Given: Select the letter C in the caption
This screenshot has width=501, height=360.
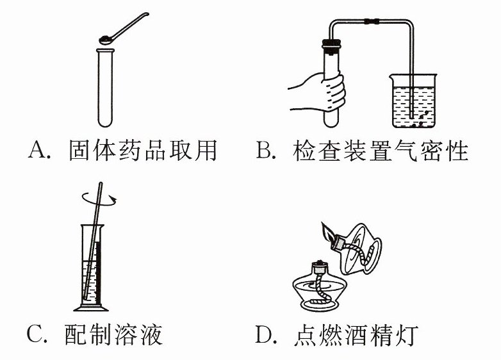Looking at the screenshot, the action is point(37,334).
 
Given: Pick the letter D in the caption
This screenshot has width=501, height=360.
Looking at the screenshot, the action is point(267,334).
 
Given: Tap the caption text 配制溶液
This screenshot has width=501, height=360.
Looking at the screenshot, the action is point(114,334).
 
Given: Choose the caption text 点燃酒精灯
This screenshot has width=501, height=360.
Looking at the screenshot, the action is point(357,334).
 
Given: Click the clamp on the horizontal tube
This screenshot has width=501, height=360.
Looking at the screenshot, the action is point(370,22).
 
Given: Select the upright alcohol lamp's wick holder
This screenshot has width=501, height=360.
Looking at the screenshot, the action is point(318,268).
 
